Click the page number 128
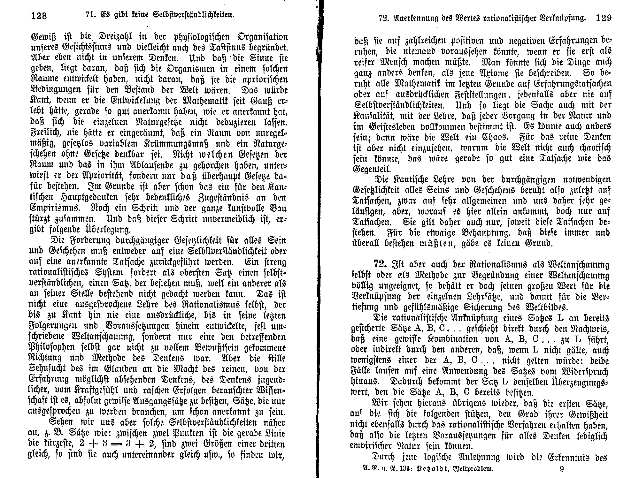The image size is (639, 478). pos(39,16)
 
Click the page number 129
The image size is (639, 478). pos(604,18)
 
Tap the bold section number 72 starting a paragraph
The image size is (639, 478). pos(380,264)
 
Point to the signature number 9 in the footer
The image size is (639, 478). pos(562,469)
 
